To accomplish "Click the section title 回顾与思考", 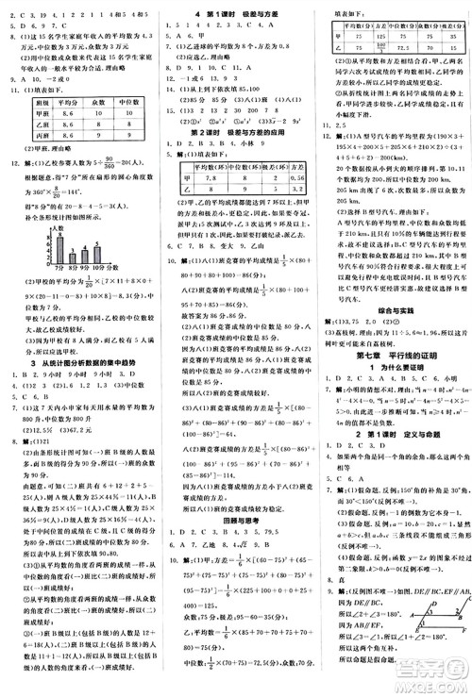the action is point(235,518).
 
